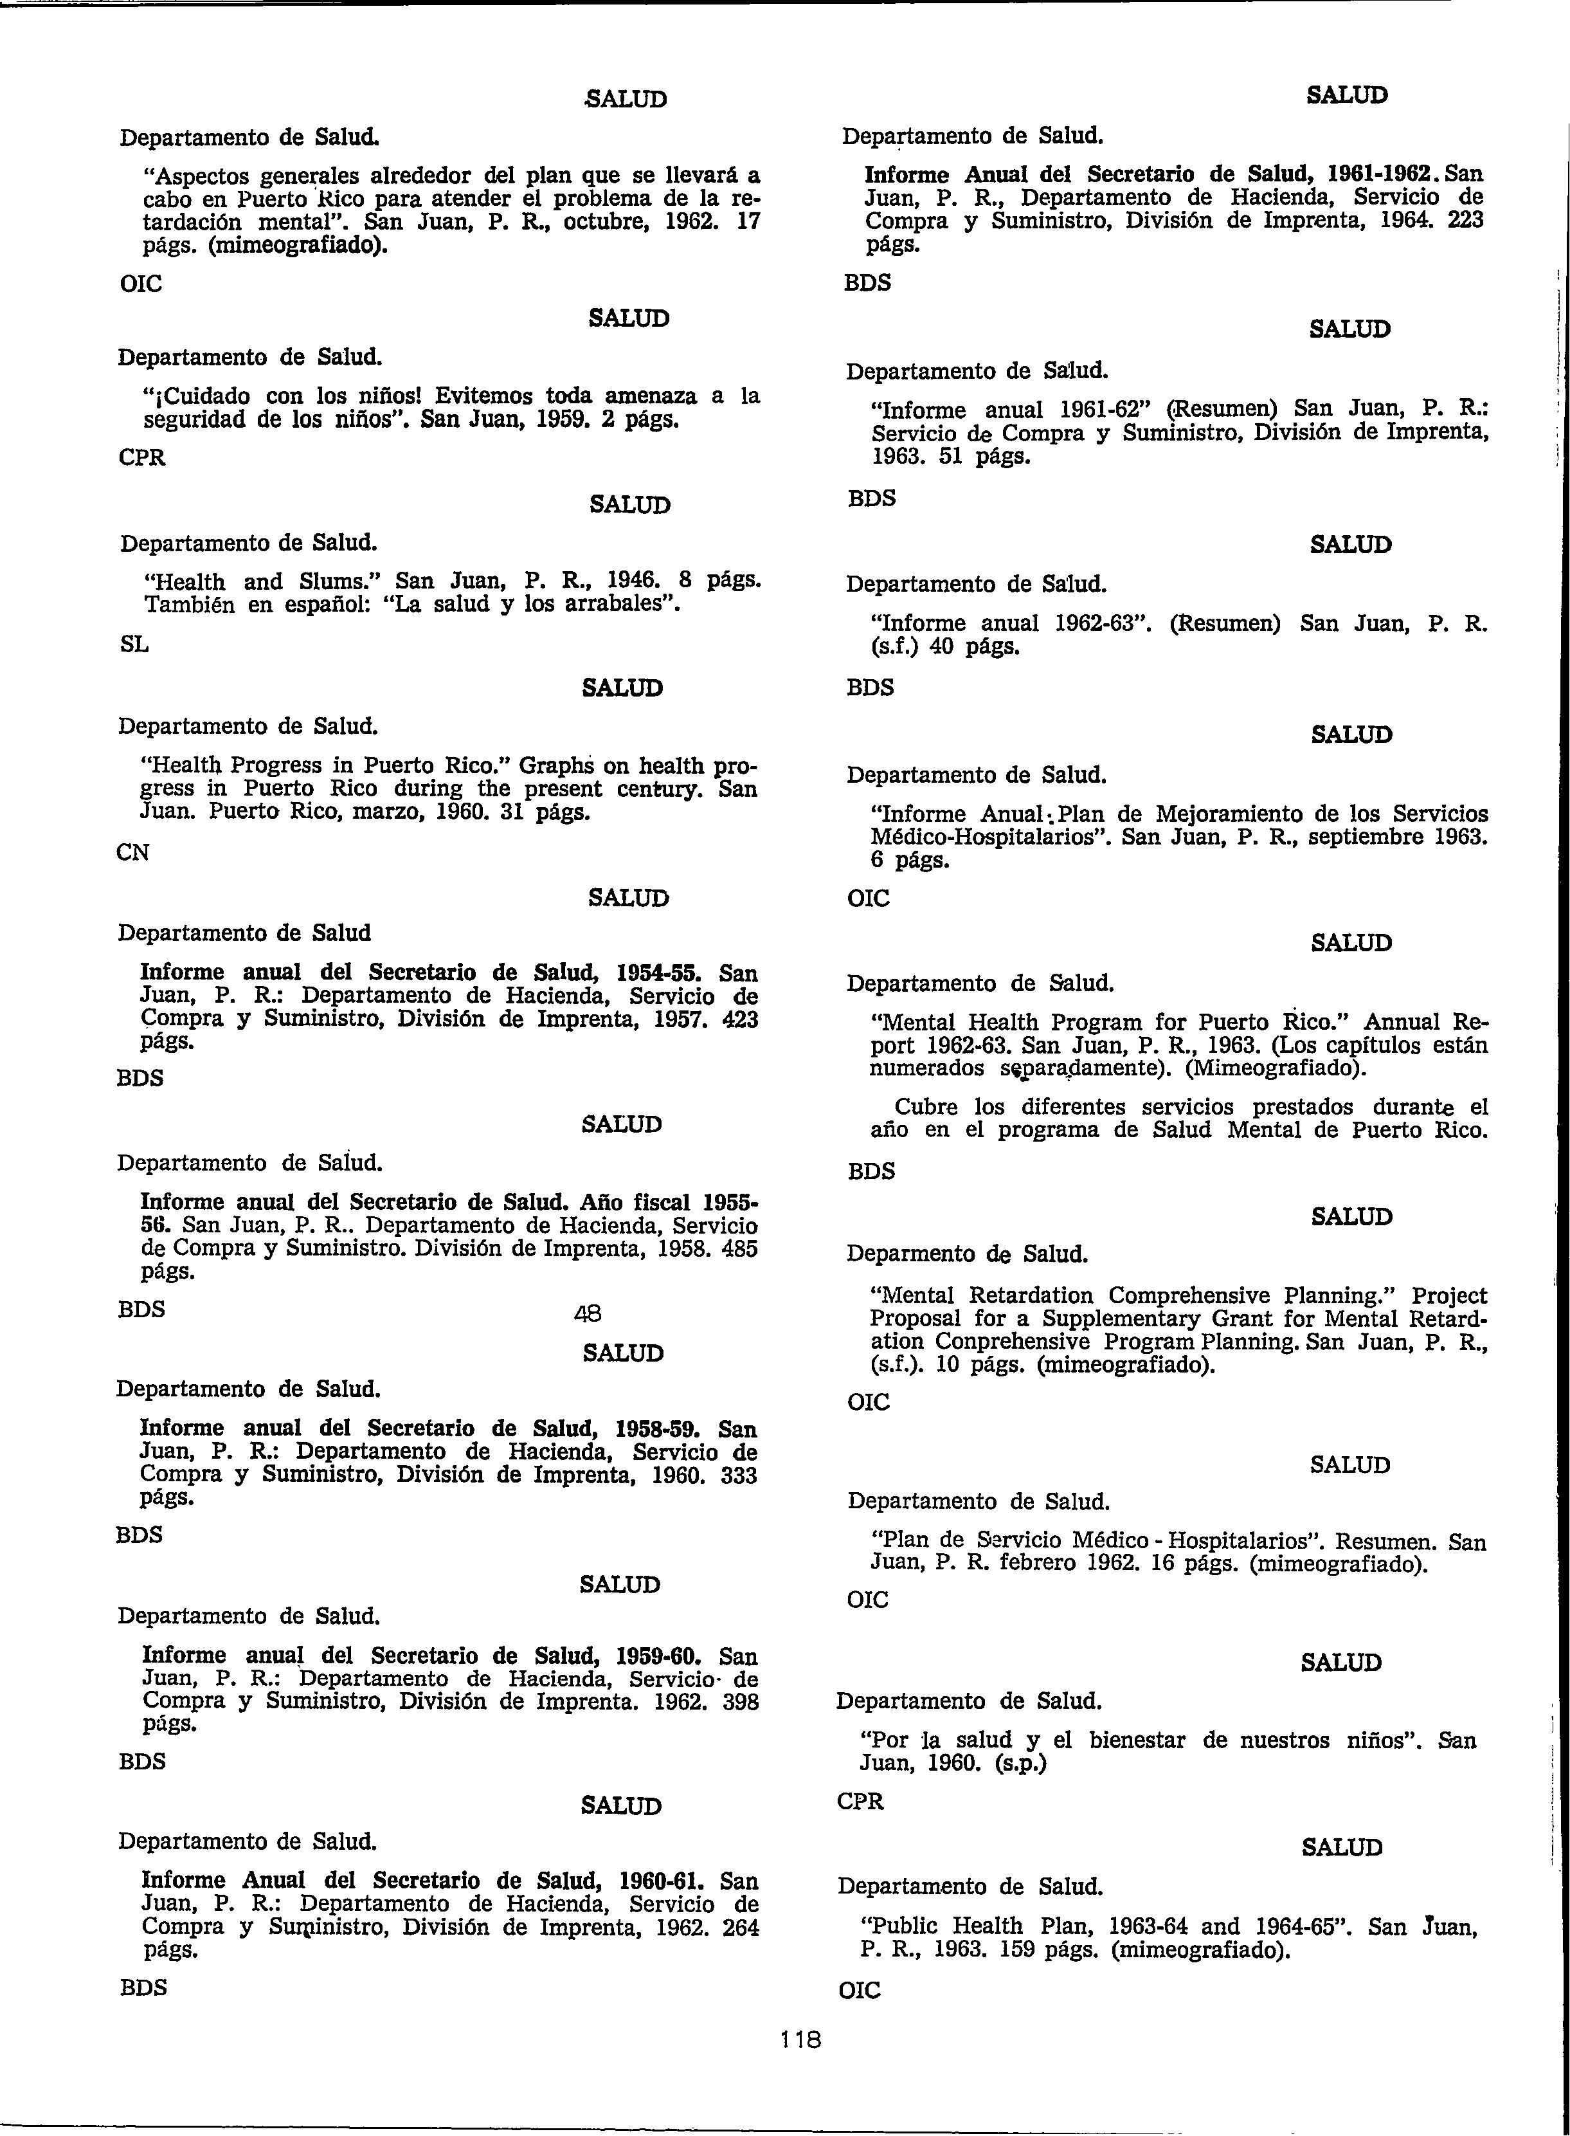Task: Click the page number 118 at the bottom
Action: click(800, 2038)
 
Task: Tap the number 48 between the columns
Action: click(588, 1315)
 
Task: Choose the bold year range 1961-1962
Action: click(1380, 175)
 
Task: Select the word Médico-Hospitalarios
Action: click(990, 837)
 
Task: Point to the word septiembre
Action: click(1360, 837)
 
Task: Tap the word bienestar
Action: click(1137, 1740)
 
